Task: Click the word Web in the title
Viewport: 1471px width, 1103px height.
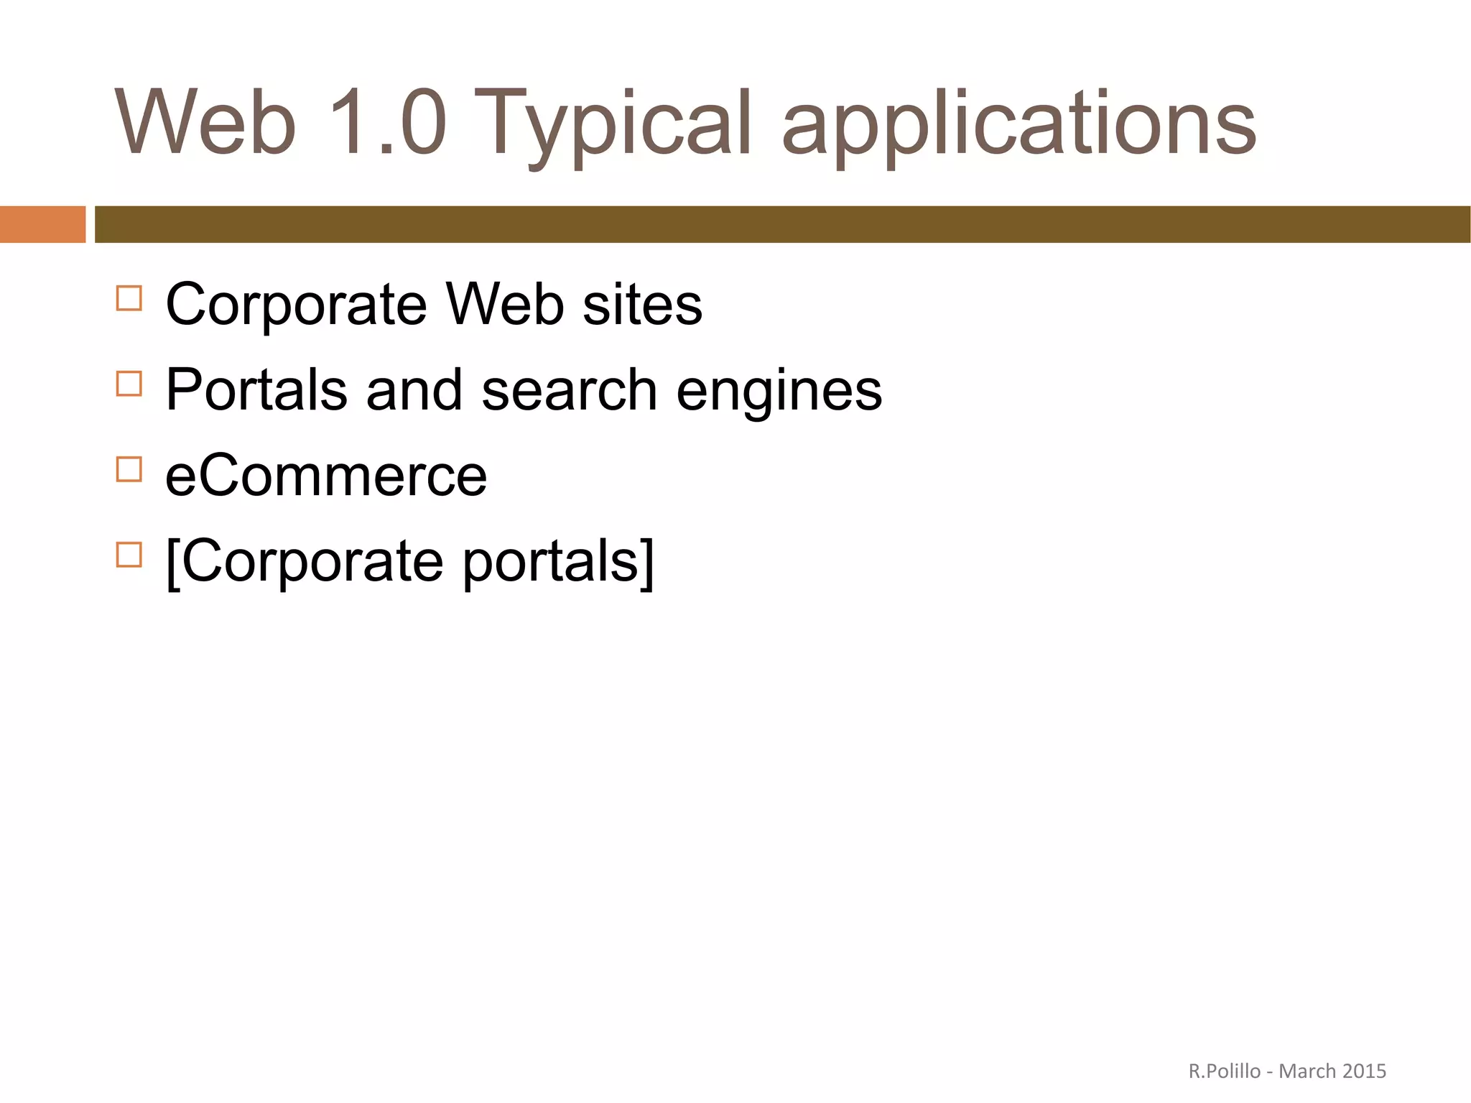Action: [205, 122]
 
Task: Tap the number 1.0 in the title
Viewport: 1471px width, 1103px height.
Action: [388, 122]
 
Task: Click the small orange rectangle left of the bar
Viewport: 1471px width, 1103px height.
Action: [42, 224]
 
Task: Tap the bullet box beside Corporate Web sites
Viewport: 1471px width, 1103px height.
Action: [129, 298]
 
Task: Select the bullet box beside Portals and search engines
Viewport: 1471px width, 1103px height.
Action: [129, 384]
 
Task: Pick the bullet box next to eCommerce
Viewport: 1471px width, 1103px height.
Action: [129, 469]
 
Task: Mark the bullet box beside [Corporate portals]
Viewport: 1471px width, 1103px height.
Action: [129, 555]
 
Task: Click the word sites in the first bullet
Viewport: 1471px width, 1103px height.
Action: [642, 305]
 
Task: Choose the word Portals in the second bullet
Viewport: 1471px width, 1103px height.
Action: [256, 390]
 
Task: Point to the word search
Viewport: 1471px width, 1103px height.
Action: [569, 390]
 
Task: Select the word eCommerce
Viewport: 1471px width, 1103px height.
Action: [326, 476]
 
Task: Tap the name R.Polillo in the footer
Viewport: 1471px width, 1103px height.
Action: [1224, 1071]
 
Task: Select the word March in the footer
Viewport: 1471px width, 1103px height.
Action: [1307, 1071]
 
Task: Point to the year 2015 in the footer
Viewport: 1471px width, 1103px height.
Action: [1364, 1071]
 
